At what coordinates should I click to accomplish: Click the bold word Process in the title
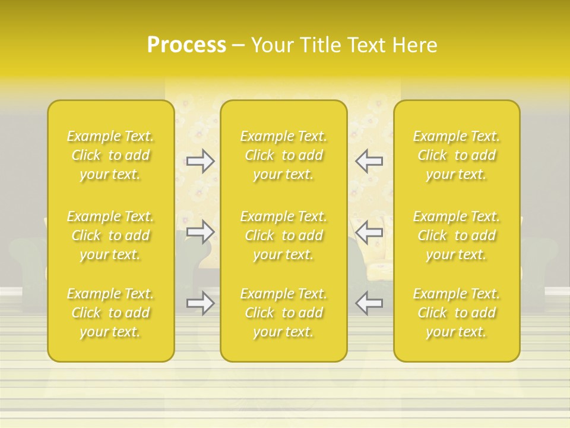click(x=186, y=45)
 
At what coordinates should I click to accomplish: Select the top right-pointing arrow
click(x=200, y=160)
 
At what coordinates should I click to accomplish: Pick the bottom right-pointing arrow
click(x=200, y=303)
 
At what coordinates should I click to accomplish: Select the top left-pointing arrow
click(x=369, y=160)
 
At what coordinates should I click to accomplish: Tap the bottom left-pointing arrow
click(x=369, y=303)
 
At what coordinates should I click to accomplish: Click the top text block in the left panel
click(x=110, y=155)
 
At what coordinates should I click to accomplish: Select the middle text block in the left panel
click(x=110, y=235)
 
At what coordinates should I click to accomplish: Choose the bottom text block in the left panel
click(x=110, y=313)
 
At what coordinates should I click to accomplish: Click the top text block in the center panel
click(x=284, y=155)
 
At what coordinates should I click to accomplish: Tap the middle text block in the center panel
click(x=284, y=235)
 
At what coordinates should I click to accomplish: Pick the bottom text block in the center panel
click(x=284, y=313)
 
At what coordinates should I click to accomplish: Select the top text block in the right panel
click(x=457, y=155)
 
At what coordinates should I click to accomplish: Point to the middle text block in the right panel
click(x=457, y=235)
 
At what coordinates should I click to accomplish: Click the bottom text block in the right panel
click(x=457, y=313)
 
